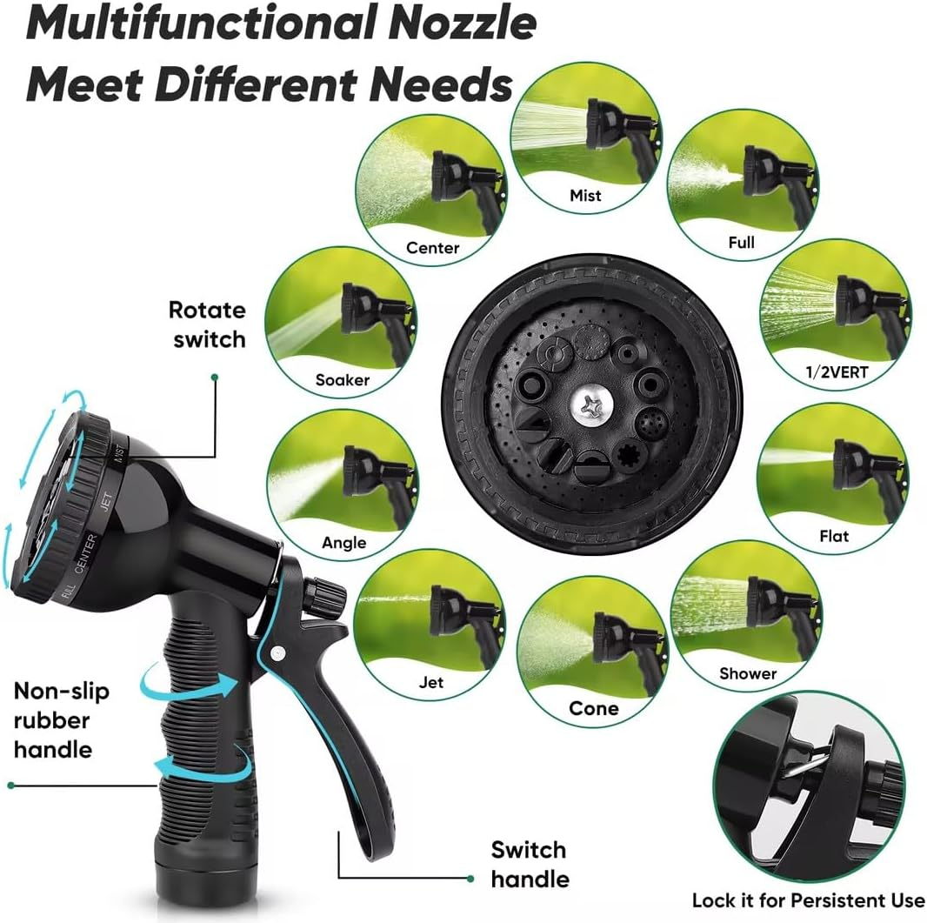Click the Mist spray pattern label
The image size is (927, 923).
click(x=585, y=195)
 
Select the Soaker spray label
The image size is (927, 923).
click(x=343, y=379)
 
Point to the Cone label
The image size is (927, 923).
click(x=594, y=708)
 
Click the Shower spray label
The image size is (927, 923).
click(x=748, y=672)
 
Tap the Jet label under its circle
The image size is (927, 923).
click(x=431, y=682)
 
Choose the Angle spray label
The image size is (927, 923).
click(x=343, y=543)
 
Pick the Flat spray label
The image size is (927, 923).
click(x=834, y=536)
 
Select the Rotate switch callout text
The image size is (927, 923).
click(x=208, y=324)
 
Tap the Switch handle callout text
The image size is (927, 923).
click(x=528, y=864)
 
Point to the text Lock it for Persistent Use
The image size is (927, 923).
click(x=808, y=900)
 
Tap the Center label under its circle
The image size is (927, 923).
click(x=432, y=248)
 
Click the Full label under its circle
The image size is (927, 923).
click(x=741, y=243)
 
